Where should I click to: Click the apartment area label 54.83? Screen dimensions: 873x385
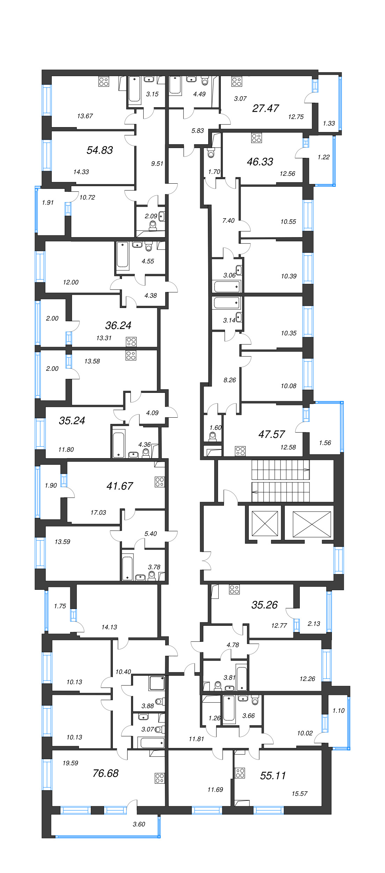pyautogui.click(x=100, y=150)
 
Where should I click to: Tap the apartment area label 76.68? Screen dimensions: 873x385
pyautogui.click(x=106, y=773)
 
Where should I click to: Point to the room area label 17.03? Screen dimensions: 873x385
pyautogui.click(x=98, y=513)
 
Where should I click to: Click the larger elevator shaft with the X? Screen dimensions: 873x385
pyautogui.click(x=312, y=524)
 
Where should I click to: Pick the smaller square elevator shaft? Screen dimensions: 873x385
pyautogui.click(x=265, y=523)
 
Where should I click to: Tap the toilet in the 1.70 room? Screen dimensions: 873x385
pyautogui.click(x=211, y=153)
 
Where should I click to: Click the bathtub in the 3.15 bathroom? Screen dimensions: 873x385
pyautogui.click(x=135, y=90)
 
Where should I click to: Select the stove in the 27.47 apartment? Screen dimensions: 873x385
pyautogui.click(x=237, y=82)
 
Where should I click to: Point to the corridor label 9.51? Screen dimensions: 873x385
pyautogui.click(x=157, y=163)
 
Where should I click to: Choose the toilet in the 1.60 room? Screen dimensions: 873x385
pyautogui.click(x=212, y=436)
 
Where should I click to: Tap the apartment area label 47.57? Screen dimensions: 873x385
pyautogui.click(x=271, y=434)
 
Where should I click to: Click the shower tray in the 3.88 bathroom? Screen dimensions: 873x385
pyautogui.click(x=157, y=683)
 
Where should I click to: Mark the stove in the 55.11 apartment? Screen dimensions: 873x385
pyautogui.click(x=240, y=773)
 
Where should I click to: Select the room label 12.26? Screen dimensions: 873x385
pyautogui.click(x=307, y=678)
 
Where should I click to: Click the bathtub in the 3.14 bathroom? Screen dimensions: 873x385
pyautogui.click(x=226, y=303)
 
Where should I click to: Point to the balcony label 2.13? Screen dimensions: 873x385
pyautogui.click(x=314, y=623)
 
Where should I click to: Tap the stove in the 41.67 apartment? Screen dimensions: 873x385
pyautogui.click(x=160, y=482)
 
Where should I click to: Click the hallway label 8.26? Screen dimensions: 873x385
pyautogui.click(x=230, y=380)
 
